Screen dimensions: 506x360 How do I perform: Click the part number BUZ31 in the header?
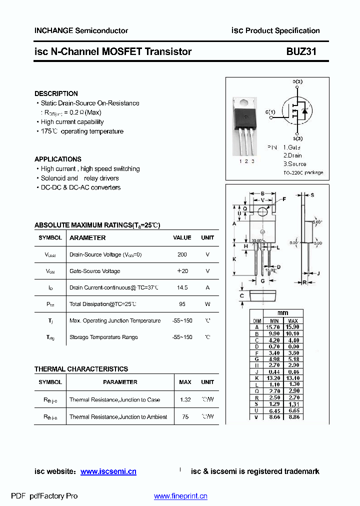click(301, 51)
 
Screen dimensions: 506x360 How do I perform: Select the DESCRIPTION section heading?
click(56, 93)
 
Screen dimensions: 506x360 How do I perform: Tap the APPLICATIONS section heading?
click(58, 159)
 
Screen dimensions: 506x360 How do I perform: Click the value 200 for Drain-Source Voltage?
click(182, 254)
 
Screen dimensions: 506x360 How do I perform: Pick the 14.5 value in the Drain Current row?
click(182, 287)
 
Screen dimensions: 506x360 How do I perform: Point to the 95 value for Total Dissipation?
click(182, 304)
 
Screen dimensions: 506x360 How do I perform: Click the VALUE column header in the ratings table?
click(182, 238)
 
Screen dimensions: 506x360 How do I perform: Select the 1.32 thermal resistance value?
click(185, 400)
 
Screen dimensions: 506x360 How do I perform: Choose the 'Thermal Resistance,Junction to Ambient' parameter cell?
click(118, 417)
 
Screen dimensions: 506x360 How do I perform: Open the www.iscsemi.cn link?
click(108, 471)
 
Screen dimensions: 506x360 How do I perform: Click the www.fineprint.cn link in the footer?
click(180, 496)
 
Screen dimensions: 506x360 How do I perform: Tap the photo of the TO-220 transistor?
click(246, 125)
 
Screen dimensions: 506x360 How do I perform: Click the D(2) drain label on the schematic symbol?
click(297, 81)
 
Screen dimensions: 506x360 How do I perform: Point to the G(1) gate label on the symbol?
click(270, 111)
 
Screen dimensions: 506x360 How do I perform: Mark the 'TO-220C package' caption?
click(303, 172)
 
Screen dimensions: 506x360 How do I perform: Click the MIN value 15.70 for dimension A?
click(274, 327)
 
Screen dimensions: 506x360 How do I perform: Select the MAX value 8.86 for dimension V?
click(293, 416)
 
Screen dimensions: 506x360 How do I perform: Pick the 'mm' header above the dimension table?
click(282, 313)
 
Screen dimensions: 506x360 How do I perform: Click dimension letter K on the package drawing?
click(234, 259)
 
